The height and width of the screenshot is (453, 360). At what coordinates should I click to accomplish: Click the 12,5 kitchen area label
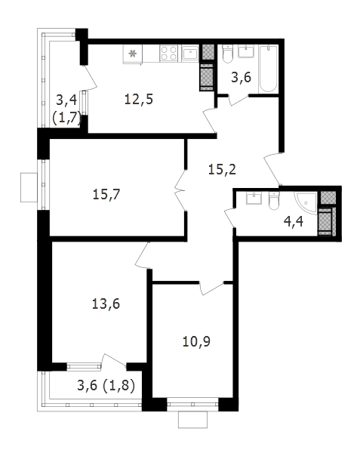coord(139,100)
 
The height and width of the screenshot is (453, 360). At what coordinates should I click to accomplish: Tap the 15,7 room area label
coord(106,194)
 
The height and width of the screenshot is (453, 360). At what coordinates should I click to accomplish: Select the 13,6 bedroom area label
coord(106,304)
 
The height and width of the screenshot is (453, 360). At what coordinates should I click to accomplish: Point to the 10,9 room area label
coord(196,341)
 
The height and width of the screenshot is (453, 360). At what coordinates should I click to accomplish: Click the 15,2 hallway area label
coord(222,169)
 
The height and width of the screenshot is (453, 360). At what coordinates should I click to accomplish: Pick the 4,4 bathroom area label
coord(294,221)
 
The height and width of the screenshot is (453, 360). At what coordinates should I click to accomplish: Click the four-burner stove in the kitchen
coord(169,54)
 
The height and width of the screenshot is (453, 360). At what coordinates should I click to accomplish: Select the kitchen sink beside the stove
coord(190,53)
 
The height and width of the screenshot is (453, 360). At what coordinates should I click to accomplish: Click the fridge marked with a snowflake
coord(133,54)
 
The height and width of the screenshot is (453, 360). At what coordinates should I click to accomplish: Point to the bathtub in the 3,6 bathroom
coord(269,69)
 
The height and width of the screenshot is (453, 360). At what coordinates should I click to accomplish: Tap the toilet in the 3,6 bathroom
coord(227,54)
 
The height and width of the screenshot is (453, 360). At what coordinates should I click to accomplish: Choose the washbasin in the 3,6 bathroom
coord(246,51)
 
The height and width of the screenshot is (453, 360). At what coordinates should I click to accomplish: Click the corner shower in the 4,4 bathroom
coord(306,203)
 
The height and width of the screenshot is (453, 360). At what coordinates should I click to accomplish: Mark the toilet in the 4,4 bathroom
coord(274,201)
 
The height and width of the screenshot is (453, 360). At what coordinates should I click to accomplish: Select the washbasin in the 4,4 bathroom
coord(254,198)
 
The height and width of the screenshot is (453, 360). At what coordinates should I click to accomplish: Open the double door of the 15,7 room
coord(180,190)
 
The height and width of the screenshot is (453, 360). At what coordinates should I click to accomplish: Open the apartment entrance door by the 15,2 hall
coord(272,169)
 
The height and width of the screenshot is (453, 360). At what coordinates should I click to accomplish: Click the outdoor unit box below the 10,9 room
coord(193,420)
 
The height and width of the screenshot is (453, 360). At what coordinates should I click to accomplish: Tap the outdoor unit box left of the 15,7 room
coord(29,187)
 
